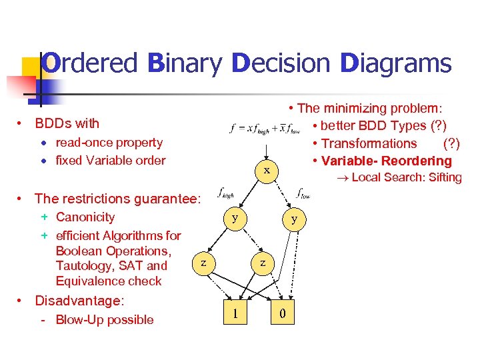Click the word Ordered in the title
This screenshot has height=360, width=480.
[x=89, y=64]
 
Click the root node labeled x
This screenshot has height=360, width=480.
[x=266, y=171]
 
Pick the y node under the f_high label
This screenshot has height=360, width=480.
[x=234, y=217]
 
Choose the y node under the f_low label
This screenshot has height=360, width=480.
[x=294, y=219]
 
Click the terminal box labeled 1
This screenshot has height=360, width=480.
[x=233, y=313]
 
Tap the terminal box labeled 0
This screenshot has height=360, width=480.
[x=283, y=313]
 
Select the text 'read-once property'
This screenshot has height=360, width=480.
[x=109, y=142]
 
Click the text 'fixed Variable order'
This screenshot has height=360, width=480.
[x=111, y=160]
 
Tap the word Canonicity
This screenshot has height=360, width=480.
[x=85, y=217]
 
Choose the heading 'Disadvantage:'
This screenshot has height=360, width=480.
[x=79, y=301]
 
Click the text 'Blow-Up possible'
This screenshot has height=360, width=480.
[x=105, y=319]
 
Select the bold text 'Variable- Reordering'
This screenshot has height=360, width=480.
[x=387, y=161]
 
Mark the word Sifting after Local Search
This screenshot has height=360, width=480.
[x=445, y=177]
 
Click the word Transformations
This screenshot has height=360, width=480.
[x=369, y=143]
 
